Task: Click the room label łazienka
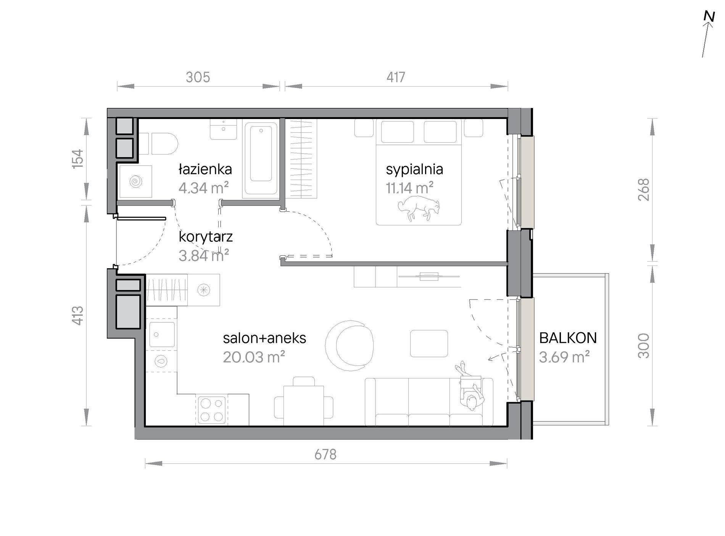click(205, 169)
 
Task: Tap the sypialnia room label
click(414, 169)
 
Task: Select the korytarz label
click(206, 237)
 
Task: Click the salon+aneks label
click(264, 338)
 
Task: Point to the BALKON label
click(568, 338)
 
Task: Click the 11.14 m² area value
click(409, 188)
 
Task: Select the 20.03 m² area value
click(254, 357)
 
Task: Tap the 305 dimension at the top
click(198, 77)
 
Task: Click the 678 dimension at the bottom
click(325, 454)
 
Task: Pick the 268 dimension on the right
click(643, 190)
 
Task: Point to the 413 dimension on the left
click(77, 315)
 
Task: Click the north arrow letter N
click(709, 16)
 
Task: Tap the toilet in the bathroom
click(158, 143)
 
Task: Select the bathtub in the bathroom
click(261, 159)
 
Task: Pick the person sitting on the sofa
click(470, 386)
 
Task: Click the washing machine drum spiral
click(135, 182)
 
